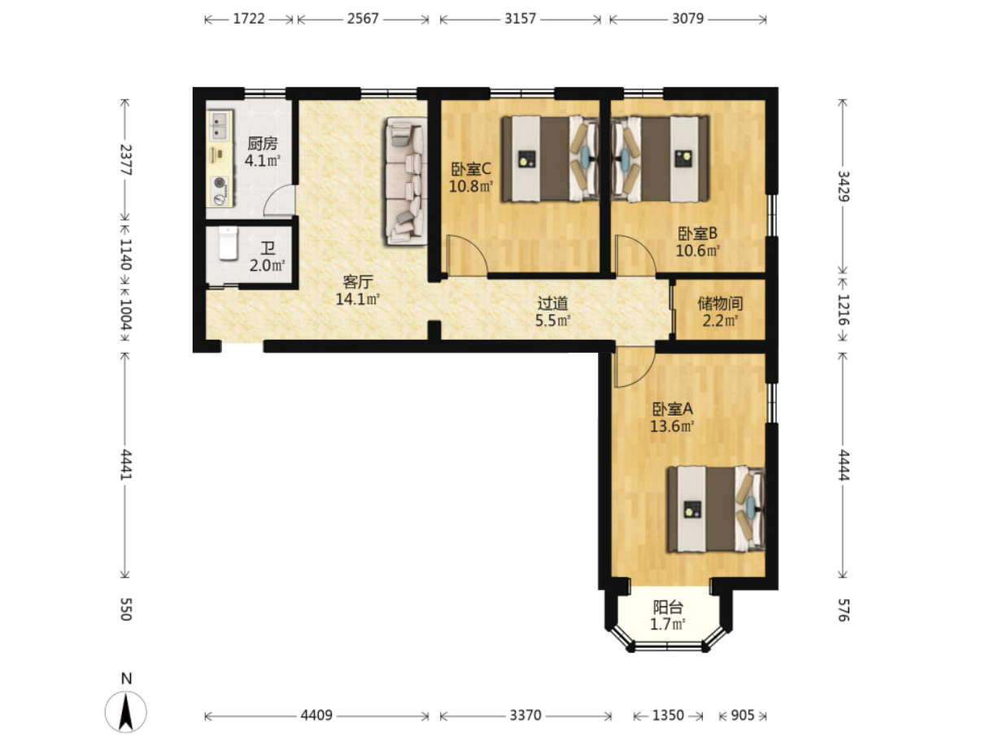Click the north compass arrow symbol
125,711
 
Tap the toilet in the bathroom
228,243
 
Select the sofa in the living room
406,180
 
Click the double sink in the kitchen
219,125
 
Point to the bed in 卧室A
716,509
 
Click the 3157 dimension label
521,19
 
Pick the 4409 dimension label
316,715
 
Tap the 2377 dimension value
125,159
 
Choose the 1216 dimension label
843,309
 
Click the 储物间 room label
720,303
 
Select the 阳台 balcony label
668,607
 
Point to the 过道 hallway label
552,303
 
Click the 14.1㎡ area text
358,298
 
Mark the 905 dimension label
743,715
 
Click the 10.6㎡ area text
698,251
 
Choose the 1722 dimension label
249,19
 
